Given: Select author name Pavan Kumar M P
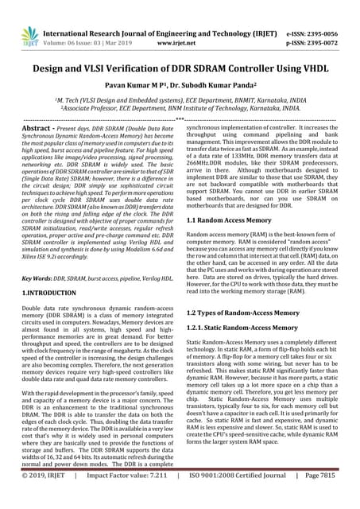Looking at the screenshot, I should pos(143,85).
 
